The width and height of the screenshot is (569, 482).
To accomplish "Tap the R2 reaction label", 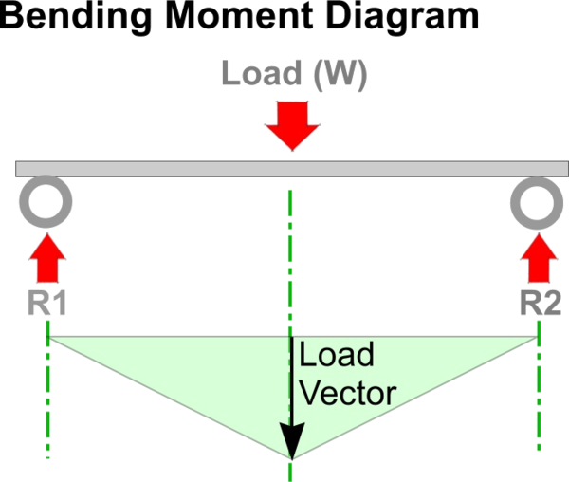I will (x=539, y=303).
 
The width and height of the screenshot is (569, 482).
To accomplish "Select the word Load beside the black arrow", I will (x=336, y=357).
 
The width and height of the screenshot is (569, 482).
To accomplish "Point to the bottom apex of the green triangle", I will (x=291, y=457).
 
